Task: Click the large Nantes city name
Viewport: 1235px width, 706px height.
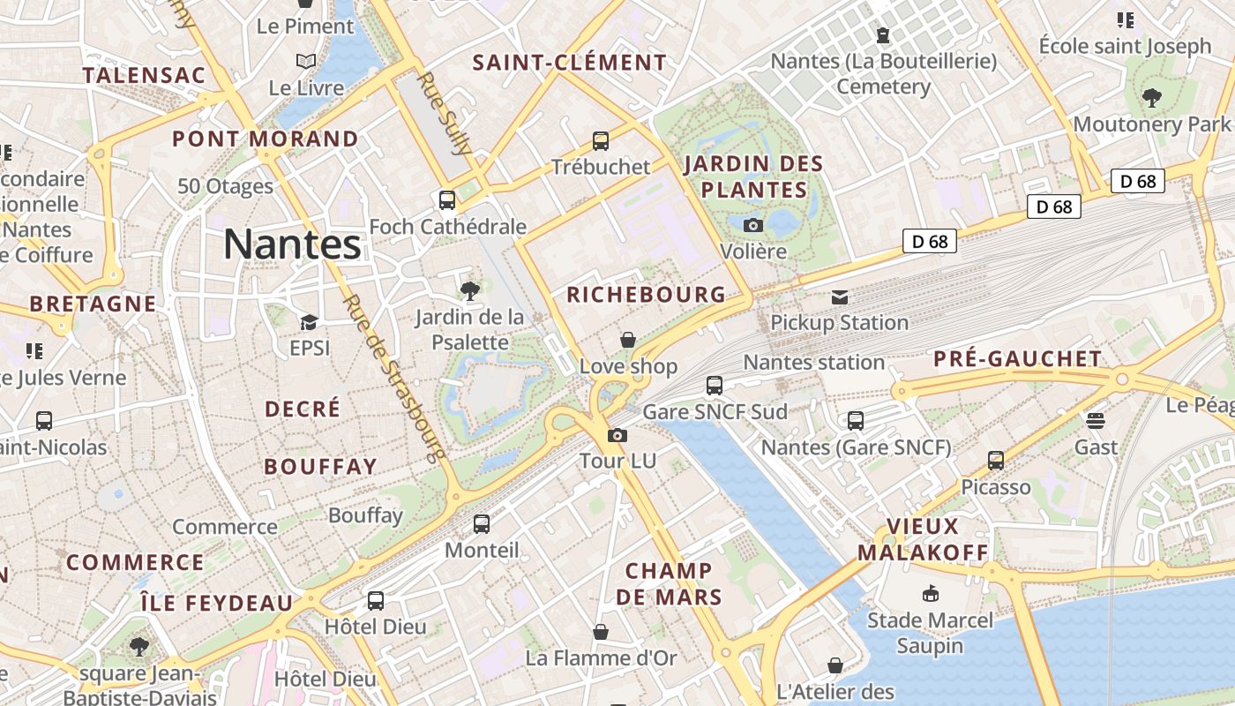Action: [x=292, y=244]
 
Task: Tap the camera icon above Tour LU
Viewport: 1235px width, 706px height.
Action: [x=617, y=435]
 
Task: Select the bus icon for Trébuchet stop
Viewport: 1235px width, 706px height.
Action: [x=601, y=140]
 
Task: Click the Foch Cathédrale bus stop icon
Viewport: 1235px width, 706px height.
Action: [x=447, y=199]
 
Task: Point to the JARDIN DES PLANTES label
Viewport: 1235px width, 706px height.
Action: [x=753, y=176]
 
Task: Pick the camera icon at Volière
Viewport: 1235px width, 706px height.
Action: [x=753, y=225]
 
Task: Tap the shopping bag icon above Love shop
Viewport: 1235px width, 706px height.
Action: [x=628, y=340]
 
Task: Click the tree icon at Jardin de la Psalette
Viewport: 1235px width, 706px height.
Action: [x=470, y=289]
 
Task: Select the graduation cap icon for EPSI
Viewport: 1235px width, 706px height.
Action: [x=309, y=322]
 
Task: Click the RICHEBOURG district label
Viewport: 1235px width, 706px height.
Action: [x=646, y=295]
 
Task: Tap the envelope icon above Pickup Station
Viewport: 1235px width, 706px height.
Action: [x=840, y=297]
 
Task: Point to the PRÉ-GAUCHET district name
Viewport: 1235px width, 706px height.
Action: [x=1018, y=359]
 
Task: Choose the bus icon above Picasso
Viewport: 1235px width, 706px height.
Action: [x=996, y=460]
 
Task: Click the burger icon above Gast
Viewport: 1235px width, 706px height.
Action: [x=1096, y=420]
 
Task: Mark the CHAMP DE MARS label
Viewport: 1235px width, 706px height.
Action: [x=669, y=583]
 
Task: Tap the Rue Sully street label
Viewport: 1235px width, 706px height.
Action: [x=445, y=126]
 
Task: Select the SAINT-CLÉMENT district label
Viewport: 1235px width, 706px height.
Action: [x=570, y=63]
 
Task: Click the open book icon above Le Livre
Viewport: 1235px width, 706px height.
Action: [x=306, y=61]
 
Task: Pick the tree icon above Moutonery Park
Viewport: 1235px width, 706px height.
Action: [x=1151, y=97]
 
